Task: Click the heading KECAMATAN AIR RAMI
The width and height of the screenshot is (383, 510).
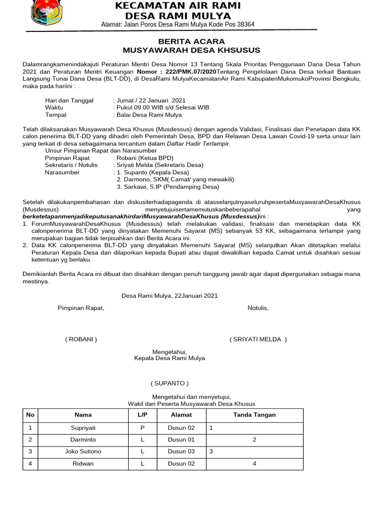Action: [x=178, y=5]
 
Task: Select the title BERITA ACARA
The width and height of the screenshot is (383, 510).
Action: [x=191, y=41]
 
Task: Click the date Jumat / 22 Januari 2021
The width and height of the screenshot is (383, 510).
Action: [x=151, y=100]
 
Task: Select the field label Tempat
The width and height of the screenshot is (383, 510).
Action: [x=56, y=115]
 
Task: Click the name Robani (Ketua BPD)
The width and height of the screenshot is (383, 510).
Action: [x=145, y=158]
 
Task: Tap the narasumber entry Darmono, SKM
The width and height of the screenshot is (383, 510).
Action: [x=175, y=179]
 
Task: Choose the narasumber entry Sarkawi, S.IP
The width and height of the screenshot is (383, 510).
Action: [x=168, y=187]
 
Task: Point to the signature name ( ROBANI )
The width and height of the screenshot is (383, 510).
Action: [x=81, y=339]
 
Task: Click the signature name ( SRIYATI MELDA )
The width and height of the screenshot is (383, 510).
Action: [x=258, y=339]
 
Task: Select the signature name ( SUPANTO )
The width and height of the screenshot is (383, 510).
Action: [x=170, y=383]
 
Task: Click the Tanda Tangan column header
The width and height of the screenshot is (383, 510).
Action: [x=254, y=414]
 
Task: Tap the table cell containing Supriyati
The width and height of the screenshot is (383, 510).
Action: [x=83, y=427]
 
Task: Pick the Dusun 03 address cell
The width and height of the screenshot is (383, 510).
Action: [x=181, y=451]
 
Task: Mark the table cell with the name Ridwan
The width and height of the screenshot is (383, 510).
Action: [x=83, y=463]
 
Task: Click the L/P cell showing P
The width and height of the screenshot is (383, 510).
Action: [x=142, y=427]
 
